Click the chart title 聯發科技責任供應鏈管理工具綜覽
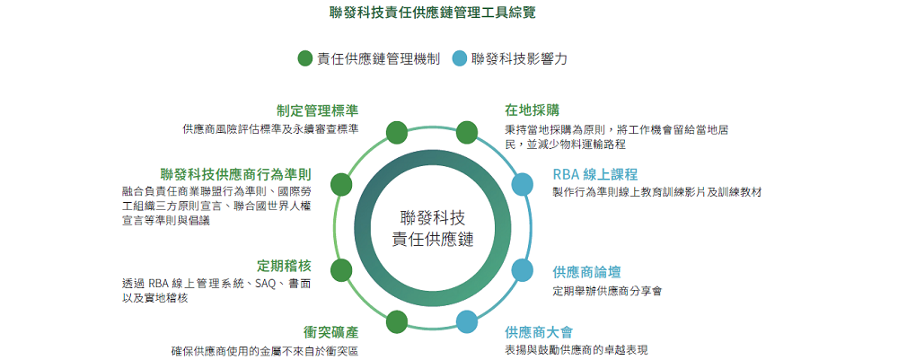pyautogui.click(x=433, y=13)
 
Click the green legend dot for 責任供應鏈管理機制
pyautogui.click(x=305, y=58)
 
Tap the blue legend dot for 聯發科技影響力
pyautogui.click(x=459, y=58)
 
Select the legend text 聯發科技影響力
pyautogui.click(x=519, y=58)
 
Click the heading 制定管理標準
pyautogui.click(x=317, y=110)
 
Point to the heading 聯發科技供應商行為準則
pyautogui.click(x=236, y=174)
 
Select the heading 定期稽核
pyautogui.click(x=284, y=266)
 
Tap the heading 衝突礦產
pyautogui.click(x=330, y=332)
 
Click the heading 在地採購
pyautogui.click(x=532, y=110)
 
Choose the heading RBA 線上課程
pyautogui.click(x=595, y=174)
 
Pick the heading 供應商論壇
pyautogui.click(x=586, y=271)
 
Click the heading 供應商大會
pyautogui.click(x=539, y=332)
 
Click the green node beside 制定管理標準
pyautogui.click(x=397, y=133)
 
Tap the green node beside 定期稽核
pyautogui.click(x=341, y=270)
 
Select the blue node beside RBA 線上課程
pyautogui.click(x=522, y=184)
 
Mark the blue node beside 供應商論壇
pyautogui.click(x=522, y=270)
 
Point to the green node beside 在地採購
pyautogui.click(x=467, y=133)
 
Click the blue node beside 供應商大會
pyautogui.click(x=467, y=321)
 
